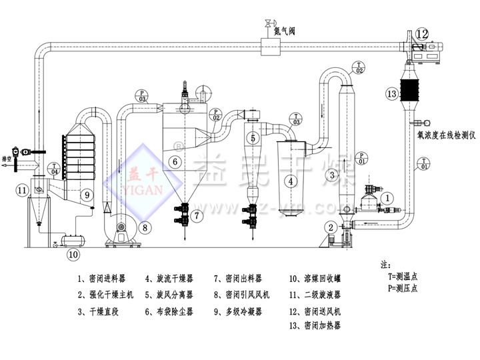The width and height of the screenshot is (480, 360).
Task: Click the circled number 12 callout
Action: click(423, 33)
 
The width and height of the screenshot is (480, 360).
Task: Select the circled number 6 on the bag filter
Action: click(174, 161)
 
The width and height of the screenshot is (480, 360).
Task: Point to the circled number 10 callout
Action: click(73, 253)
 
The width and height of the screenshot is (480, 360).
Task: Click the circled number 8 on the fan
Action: click(145, 227)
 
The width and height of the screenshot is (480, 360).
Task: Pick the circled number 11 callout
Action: click(22, 191)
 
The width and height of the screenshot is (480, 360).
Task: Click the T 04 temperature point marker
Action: click(55, 167)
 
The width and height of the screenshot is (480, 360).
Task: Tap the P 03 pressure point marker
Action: click(141, 95)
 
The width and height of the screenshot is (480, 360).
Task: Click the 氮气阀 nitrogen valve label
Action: click(285, 29)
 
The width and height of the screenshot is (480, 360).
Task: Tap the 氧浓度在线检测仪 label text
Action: click(445, 135)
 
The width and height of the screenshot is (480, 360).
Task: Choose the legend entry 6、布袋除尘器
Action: click(173, 310)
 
